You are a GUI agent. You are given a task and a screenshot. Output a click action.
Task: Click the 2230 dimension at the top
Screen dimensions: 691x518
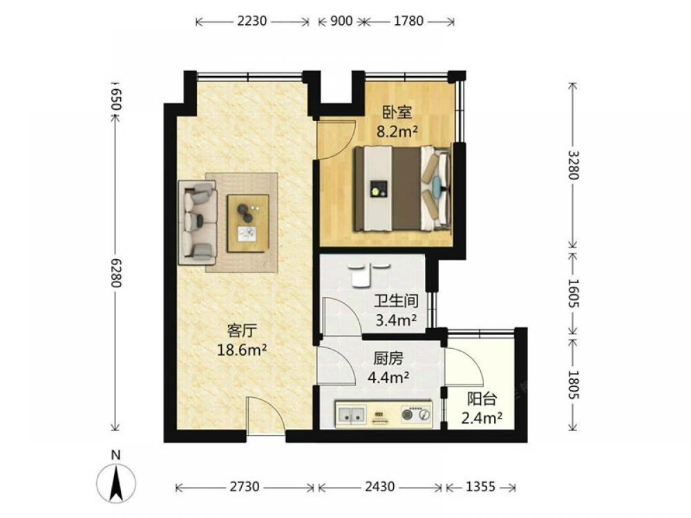pyautogui.click(x=252, y=21)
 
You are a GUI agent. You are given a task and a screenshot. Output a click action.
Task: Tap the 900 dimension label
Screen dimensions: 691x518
pyautogui.click(x=341, y=21)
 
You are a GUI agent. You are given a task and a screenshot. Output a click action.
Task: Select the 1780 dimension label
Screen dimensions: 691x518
pyautogui.click(x=408, y=21)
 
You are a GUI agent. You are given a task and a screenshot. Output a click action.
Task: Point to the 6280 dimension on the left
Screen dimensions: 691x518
pyautogui.click(x=115, y=273)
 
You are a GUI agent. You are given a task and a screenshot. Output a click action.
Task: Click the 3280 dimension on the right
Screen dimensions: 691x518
pyautogui.click(x=573, y=165)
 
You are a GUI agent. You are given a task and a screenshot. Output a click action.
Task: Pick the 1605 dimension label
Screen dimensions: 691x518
pyautogui.click(x=573, y=294)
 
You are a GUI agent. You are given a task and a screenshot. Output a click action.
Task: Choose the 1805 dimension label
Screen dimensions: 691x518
pyautogui.click(x=573, y=385)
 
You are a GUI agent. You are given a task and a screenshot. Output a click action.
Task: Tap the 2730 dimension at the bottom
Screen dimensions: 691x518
pyautogui.click(x=245, y=487)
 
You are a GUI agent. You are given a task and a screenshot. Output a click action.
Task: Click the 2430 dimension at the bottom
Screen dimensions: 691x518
pyautogui.click(x=380, y=487)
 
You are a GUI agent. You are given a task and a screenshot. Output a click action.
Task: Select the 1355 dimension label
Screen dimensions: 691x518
pyautogui.click(x=480, y=487)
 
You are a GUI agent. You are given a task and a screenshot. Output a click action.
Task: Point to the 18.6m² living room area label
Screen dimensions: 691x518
pyautogui.click(x=242, y=350)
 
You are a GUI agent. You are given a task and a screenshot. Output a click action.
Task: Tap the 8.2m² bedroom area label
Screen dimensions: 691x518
pyautogui.click(x=397, y=131)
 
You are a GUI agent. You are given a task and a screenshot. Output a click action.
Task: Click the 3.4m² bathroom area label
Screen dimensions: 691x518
pyautogui.click(x=396, y=320)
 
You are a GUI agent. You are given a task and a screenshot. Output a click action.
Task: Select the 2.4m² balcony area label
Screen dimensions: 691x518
pyautogui.click(x=482, y=418)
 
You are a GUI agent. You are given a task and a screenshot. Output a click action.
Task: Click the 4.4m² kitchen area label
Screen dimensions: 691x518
pyautogui.click(x=388, y=378)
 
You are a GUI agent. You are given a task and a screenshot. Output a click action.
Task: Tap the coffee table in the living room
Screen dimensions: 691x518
pyautogui.click(x=248, y=223)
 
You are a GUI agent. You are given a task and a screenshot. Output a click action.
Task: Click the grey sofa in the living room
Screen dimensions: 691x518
pyautogui.click(x=198, y=222)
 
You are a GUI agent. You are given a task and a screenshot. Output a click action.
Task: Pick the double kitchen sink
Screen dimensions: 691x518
pyautogui.click(x=351, y=414)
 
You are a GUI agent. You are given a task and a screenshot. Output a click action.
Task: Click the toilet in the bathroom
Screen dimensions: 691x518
pyautogui.click(x=361, y=276)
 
